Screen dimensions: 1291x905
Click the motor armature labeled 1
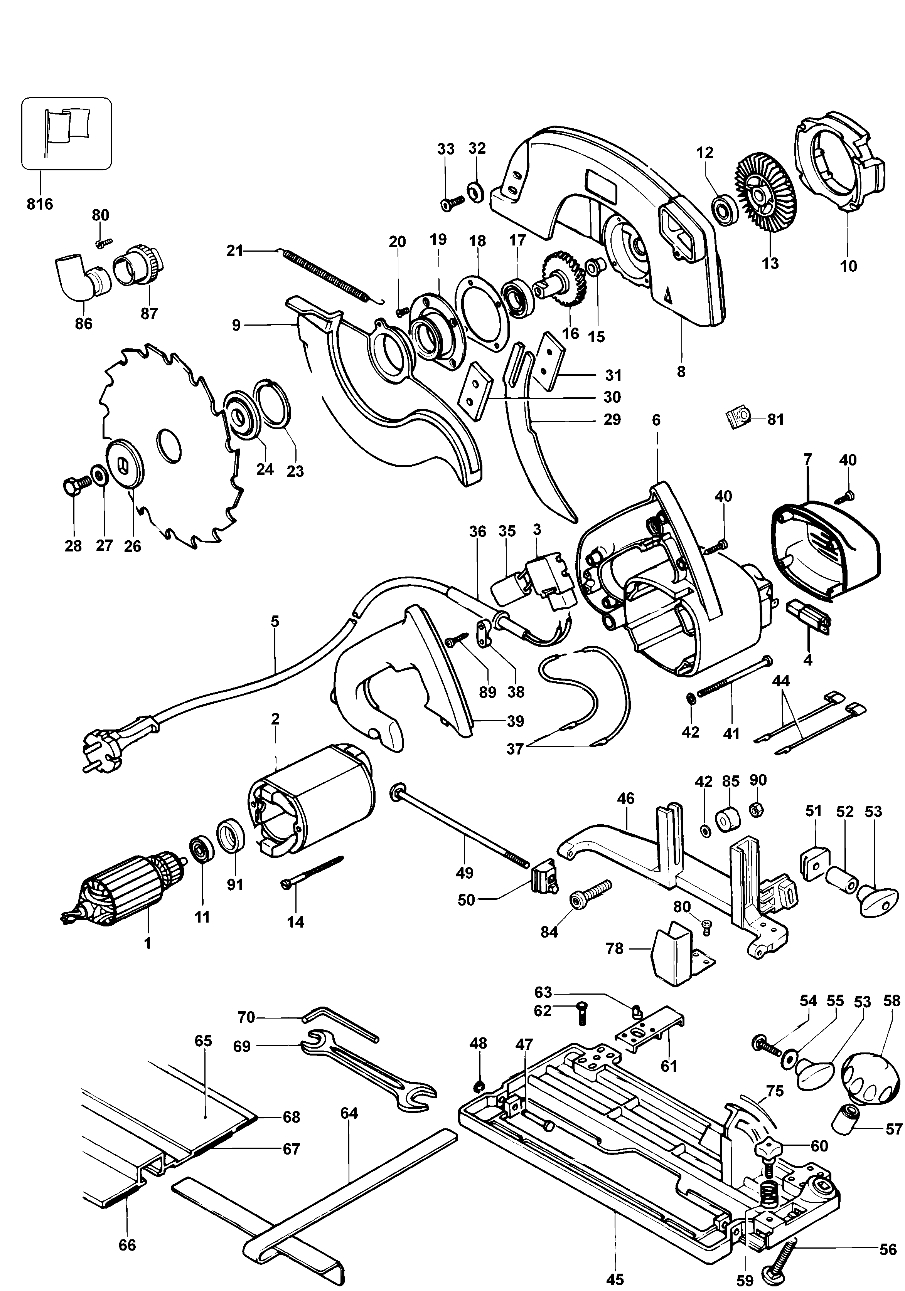121,889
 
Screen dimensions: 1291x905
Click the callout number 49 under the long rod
465,873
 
